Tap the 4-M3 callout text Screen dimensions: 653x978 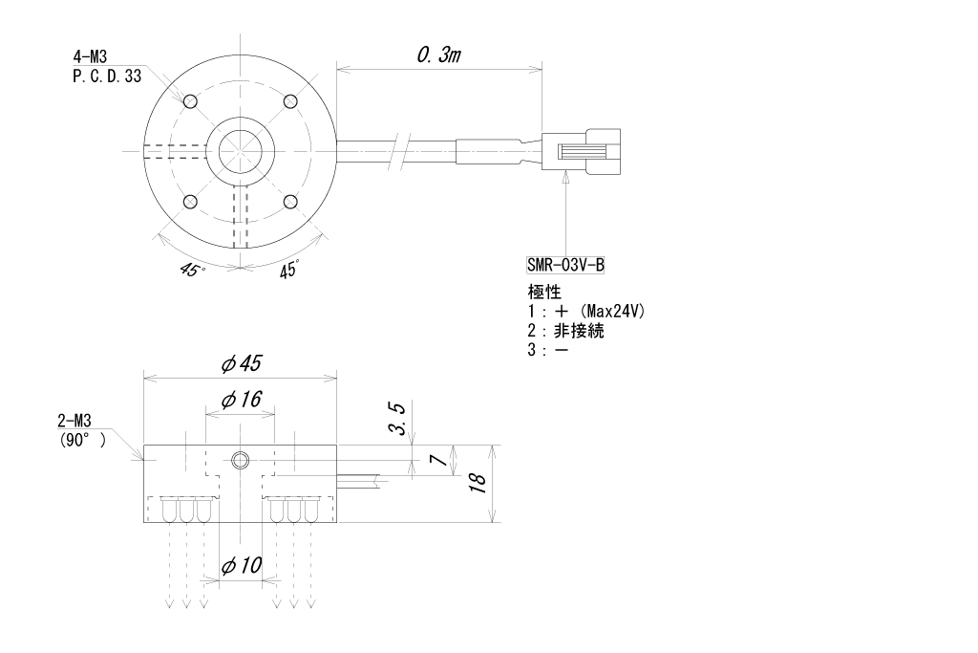point(90,60)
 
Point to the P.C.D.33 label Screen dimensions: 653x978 point(106,76)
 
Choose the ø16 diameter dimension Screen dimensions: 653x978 point(241,400)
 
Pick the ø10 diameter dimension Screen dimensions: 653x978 point(241,565)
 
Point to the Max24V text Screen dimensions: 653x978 point(623,312)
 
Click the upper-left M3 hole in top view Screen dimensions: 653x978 point(190,101)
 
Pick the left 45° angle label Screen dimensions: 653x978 point(190,270)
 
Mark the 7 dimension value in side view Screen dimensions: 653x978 point(436,460)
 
